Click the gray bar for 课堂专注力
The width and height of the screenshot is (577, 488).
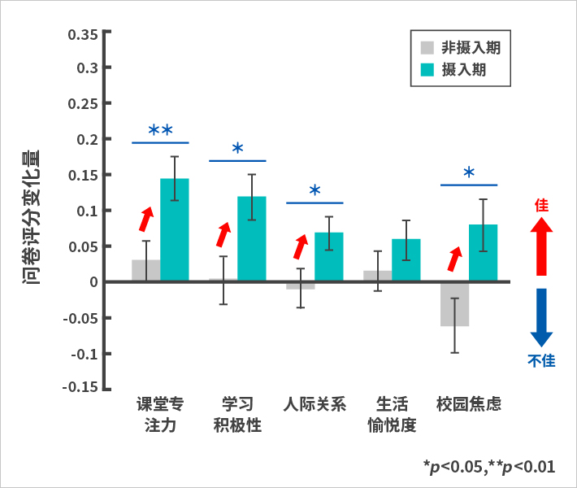click(146, 271)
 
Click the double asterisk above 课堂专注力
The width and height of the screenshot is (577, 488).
click(160, 130)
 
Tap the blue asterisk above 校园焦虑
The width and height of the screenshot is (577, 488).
click(469, 173)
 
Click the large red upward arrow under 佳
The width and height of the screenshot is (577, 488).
click(542, 248)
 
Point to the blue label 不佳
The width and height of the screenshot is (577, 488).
click(542, 360)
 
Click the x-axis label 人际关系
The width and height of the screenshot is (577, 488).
click(315, 404)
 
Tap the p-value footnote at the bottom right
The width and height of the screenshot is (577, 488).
click(488, 466)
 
